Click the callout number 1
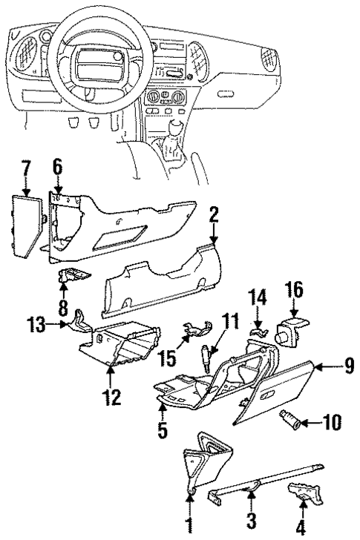point(189,529)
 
